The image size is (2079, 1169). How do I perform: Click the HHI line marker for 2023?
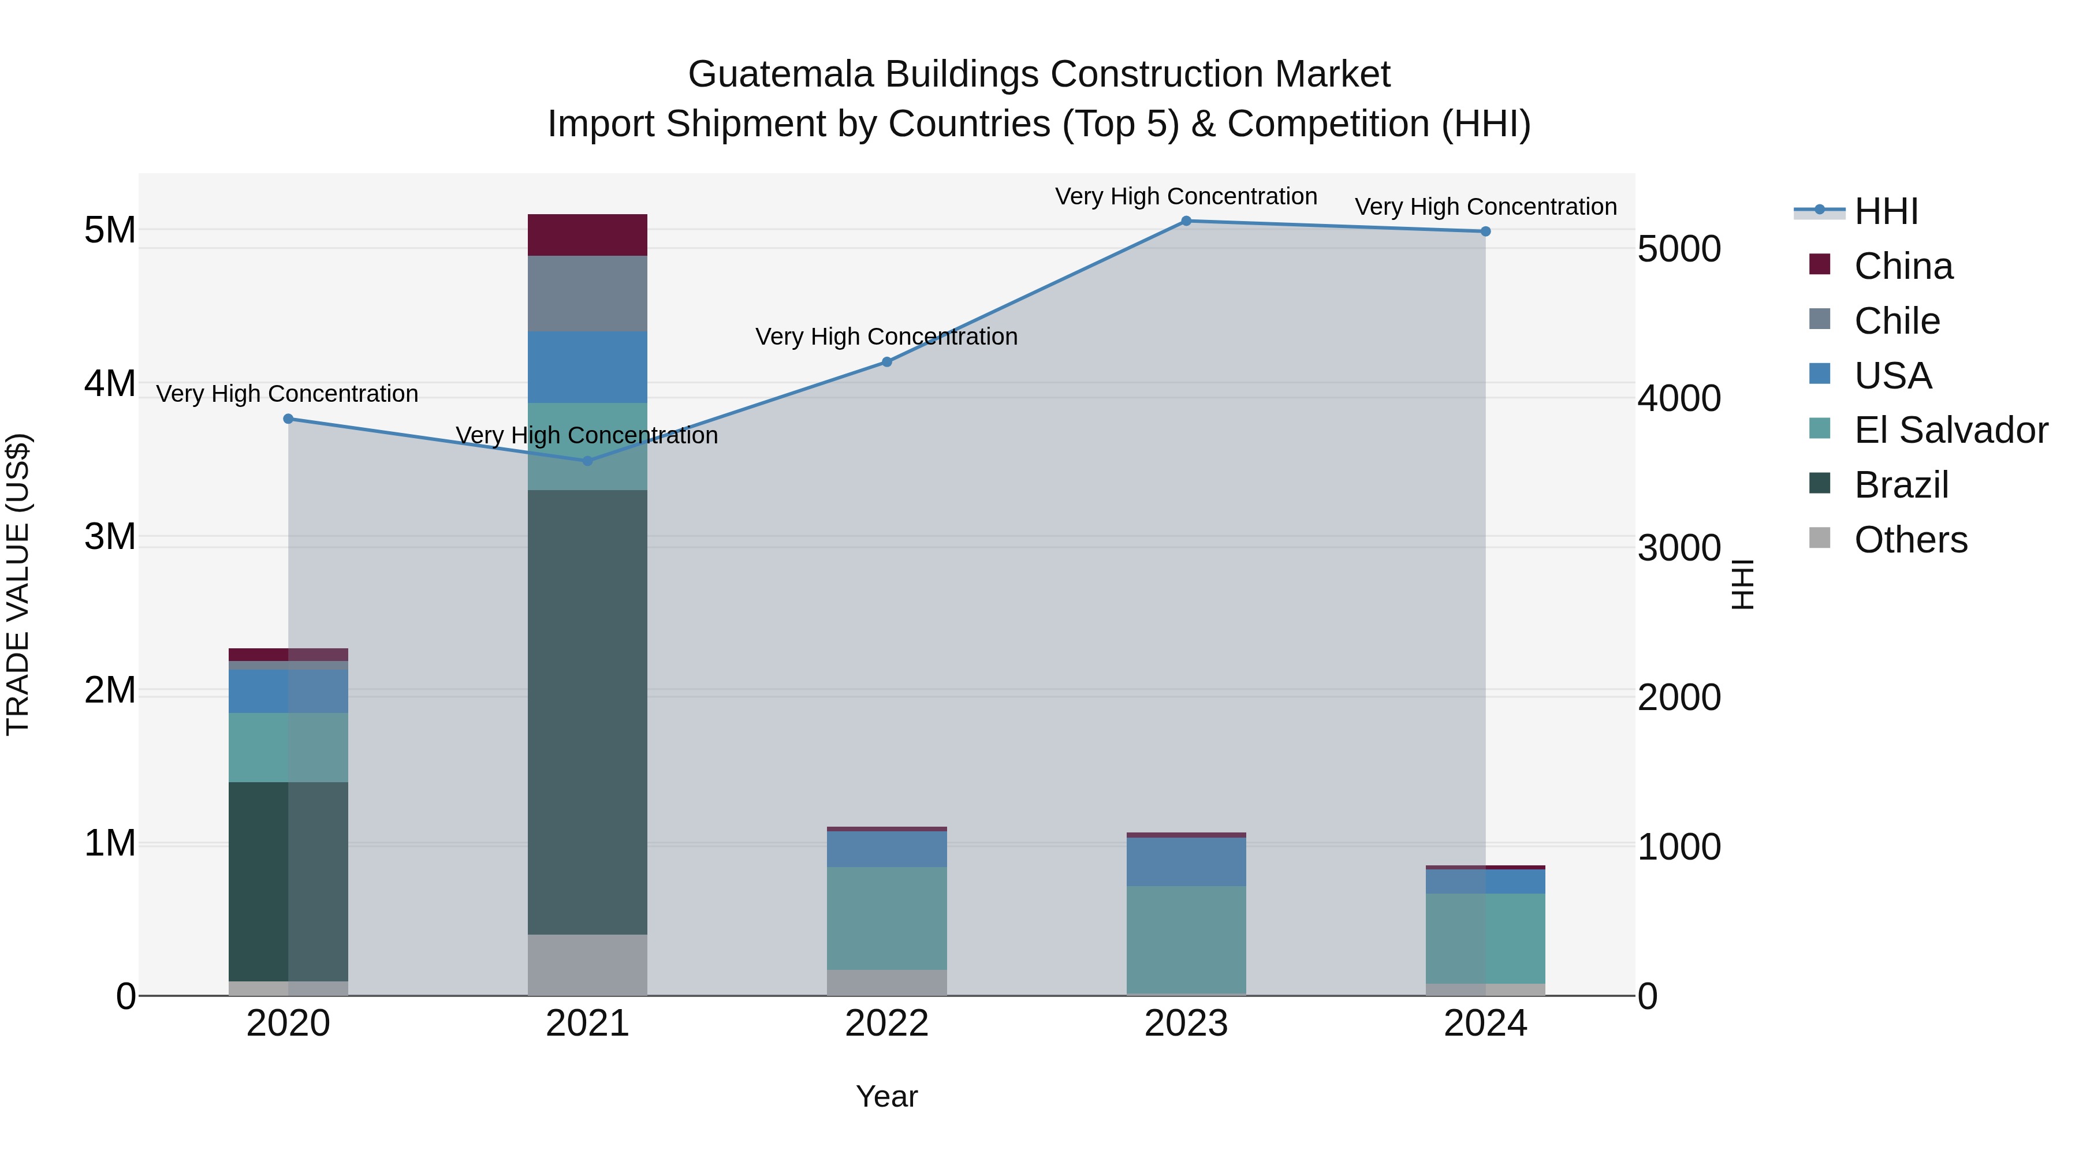pyautogui.click(x=1186, y=221)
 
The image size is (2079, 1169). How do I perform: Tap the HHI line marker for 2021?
pyautogui.click(x=587, y=461)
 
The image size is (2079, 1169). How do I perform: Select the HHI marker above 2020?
pyautogui.click(x=288, y=419)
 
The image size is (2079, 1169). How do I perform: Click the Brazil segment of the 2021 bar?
pyautogui.click(x=587, y=710)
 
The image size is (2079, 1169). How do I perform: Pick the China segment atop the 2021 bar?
pyautogui.click(x=587, y=235)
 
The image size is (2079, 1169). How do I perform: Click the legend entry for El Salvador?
pyautogui.click(x=1950, y=430)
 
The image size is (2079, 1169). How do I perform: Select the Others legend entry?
pyautogui.click(x=1910, y=540)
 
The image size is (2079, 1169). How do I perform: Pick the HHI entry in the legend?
pyautogui.click(x=1886, y=211)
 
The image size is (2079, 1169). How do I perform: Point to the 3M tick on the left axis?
pyautogui.click(x=110, y=536)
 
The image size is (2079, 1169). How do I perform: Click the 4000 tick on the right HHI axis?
pyautogui.click(x=1679, y=398)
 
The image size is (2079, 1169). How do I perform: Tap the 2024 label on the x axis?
pyautogui.click(x=1485, y=1024)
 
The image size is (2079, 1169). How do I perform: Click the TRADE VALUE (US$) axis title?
pyautogui.click(x=18, y=584)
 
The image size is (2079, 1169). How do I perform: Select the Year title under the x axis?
pyautogui.click(x=886, y=1096)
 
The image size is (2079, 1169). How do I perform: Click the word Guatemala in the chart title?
pyautogui.click(x=780, y=74)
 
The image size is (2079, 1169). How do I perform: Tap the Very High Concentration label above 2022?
pyautogui.click(x=886, y=337)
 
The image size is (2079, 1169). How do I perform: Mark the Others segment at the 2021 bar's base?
pyautogui.click(x=587, y=964)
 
